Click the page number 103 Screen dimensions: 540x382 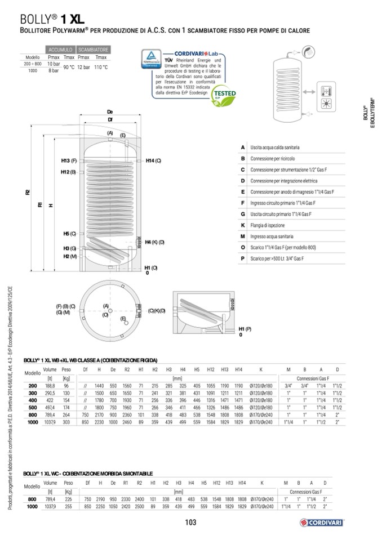(190, 523)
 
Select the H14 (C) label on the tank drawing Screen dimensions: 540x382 (153, 161)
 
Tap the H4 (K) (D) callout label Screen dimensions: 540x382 (154, 242)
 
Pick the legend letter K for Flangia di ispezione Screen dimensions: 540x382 (242, 225)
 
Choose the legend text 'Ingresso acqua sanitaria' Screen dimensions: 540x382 (272, 236)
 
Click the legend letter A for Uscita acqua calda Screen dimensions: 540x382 (242, 147)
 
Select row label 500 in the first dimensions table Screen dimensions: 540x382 (32, 407)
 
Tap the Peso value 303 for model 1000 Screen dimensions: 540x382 (66, 421)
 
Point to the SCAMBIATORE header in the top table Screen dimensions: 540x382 (94, 50)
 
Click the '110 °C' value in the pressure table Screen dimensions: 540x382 (101, 67)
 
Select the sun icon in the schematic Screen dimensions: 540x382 (326, 105)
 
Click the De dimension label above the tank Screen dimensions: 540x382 (110, 112)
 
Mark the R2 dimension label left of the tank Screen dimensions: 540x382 (28, 193)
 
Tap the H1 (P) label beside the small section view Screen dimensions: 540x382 (245, 328)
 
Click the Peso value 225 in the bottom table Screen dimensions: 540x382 (68, 499)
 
